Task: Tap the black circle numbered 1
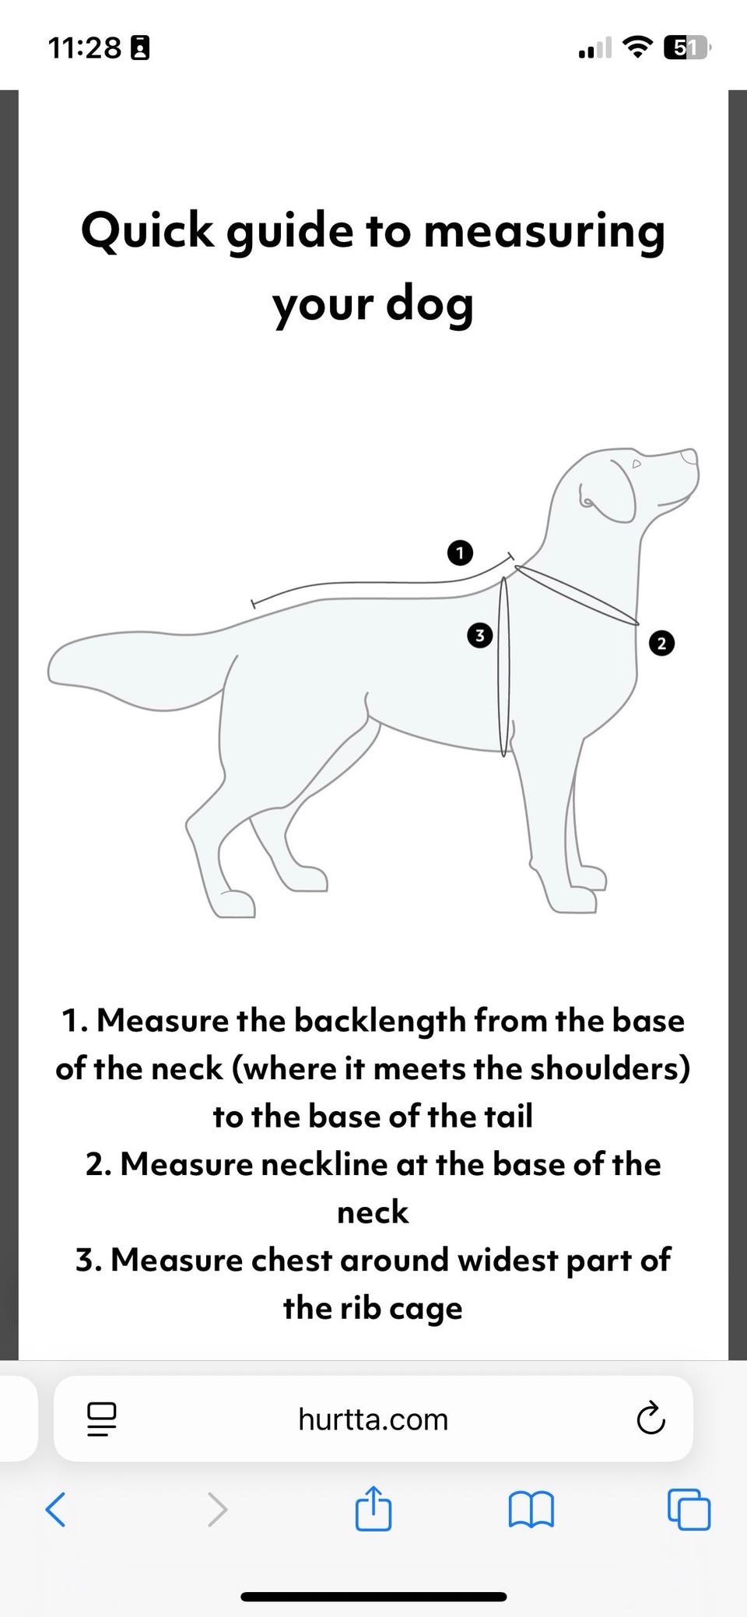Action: pos(461,553)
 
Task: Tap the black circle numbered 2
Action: pos(661,644)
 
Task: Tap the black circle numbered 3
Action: pos(479,635)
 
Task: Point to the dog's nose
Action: pos(689,457)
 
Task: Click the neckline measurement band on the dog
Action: pos(577,595)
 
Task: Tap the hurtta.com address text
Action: pos(373,1419)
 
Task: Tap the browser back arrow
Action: pos(55,1509)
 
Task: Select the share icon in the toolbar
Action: pos(373,1508)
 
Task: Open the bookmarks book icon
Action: pos(531,1510)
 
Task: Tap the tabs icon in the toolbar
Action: pos(689,1510)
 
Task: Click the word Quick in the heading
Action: pos(148,232)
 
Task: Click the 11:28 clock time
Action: pos(86,48)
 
